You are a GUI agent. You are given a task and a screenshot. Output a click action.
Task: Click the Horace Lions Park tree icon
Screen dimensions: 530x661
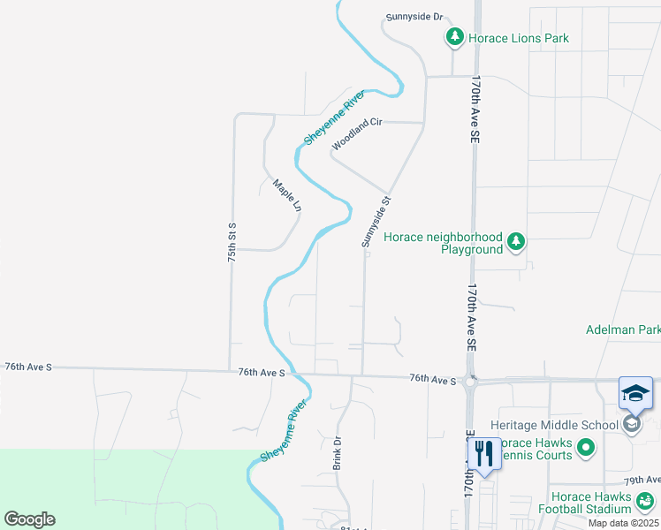[454, 37]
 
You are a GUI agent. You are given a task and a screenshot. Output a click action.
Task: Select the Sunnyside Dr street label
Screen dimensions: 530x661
[414, 17]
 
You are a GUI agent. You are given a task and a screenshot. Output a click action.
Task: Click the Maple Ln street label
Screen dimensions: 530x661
[287, 196]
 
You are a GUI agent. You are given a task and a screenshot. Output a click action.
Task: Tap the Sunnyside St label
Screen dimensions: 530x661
[376, 222]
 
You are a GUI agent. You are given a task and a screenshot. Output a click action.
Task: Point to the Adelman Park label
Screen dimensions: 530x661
[623, 329]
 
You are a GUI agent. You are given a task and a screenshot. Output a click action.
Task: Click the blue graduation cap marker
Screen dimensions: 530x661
[636, 393]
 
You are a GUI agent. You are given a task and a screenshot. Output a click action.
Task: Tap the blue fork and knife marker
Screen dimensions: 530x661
[484, 454]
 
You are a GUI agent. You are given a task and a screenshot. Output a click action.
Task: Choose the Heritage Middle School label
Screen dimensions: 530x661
[559, 425]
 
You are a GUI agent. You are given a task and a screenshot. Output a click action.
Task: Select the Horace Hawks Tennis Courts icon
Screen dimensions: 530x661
[586, 449]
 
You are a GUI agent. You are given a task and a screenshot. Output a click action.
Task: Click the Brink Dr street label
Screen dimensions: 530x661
[337, 452]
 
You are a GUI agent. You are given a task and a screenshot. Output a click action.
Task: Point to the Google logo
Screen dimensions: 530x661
[29, 519]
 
